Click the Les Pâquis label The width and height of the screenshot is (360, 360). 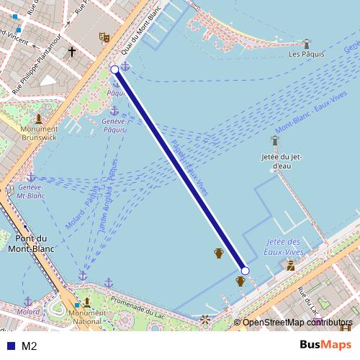point(306,54)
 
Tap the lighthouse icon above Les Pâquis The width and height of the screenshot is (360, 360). point(306,44)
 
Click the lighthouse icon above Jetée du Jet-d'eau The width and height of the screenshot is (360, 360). point(275,140)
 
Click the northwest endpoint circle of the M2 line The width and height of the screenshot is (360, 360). point(114,69)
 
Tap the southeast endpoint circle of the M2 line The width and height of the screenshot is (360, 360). point(245,271)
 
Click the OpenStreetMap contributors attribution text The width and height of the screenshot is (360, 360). point(297,322)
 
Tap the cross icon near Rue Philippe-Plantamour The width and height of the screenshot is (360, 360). point(72,52)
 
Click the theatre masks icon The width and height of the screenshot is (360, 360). point(104,37)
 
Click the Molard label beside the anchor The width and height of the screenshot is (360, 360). point(28,312)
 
